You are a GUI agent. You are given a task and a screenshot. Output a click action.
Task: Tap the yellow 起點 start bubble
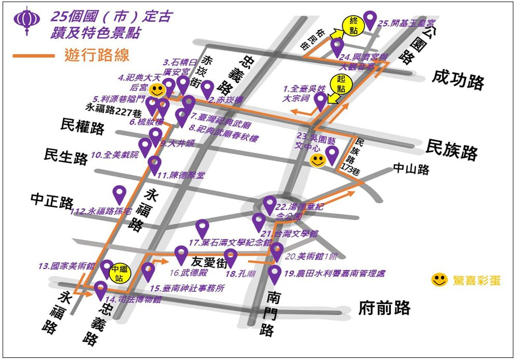click(x=341, y=83)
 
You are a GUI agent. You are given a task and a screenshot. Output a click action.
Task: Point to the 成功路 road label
click(x=458, y=81)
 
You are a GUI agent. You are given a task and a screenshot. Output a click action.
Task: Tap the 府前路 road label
click(x=384, y=308)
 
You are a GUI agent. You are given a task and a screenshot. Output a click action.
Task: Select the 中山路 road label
click(x=411, y=169)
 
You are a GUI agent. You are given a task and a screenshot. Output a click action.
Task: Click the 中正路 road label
click(x=52, y=201)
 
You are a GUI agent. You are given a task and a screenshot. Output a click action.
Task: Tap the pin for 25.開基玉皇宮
click(x=370, y=19)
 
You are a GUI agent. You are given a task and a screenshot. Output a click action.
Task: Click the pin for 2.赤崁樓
click(x=208, y=88)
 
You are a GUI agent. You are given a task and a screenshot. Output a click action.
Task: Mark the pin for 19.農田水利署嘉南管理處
click(x=275, y=273)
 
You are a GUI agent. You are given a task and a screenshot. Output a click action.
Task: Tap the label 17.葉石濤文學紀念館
click(x=229, y=243)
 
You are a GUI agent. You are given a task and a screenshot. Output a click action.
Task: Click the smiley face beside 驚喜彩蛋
click(x=439, y=280)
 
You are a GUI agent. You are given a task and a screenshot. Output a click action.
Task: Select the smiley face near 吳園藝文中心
click(x=317, y=160)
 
